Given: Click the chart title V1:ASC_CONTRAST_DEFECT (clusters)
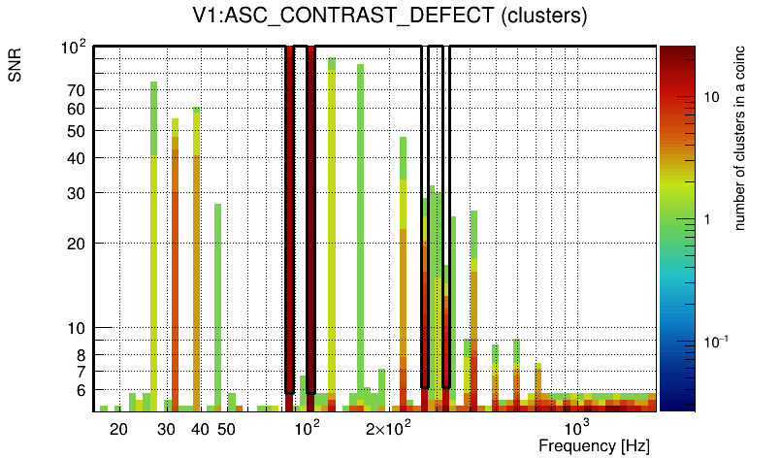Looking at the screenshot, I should pos(390,16).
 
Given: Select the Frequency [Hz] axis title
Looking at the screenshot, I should pos(594,445).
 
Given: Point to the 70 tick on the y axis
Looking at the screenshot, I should pos(77,90).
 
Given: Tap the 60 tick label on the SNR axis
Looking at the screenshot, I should pos(77,109).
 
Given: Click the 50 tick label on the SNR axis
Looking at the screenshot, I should pos(77,131).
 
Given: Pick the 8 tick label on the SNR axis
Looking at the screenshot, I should pos(81,354).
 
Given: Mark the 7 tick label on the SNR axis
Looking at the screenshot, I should pos(81,371).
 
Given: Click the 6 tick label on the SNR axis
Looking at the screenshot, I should pos(81,389).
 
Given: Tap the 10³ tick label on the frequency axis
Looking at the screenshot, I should pos(577,427).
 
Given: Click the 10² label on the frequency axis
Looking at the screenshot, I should pos(307,427).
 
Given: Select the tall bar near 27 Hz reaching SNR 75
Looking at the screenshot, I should pos(154,243).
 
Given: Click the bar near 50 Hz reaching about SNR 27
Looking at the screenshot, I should pos(218,306).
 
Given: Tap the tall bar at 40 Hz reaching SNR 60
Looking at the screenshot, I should pos(197,257).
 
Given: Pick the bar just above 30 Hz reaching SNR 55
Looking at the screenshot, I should pos(176,262).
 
